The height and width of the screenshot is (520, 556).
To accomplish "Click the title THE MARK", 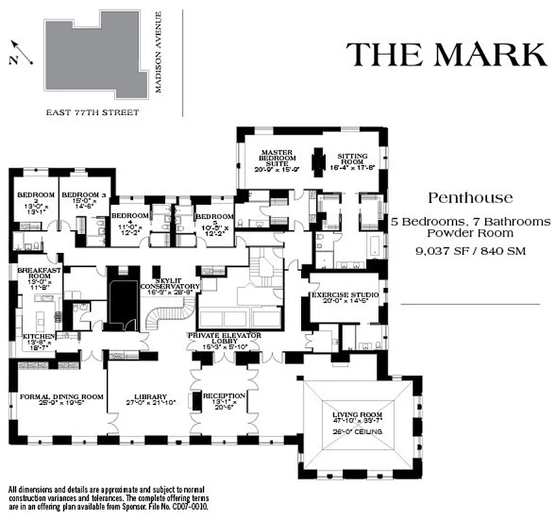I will coord(445,54).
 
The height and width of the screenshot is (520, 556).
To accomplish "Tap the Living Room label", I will coord(357,415).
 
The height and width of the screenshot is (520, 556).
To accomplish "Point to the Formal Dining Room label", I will coord(62,396).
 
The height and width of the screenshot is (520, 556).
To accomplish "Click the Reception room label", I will coord(224,396).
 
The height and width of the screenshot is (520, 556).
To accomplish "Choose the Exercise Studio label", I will coord(344,295).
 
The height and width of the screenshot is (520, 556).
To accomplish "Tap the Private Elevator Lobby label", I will coord(224,335).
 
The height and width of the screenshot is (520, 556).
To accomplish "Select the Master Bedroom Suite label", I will coord(278,157).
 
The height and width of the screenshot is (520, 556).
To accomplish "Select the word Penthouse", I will coord(470,198).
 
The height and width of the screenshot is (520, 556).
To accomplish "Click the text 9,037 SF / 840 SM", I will coord(470,250).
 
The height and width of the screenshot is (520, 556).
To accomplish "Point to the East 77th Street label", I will coord(92,112).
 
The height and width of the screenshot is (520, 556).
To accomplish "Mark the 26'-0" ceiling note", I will coord(356,432).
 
